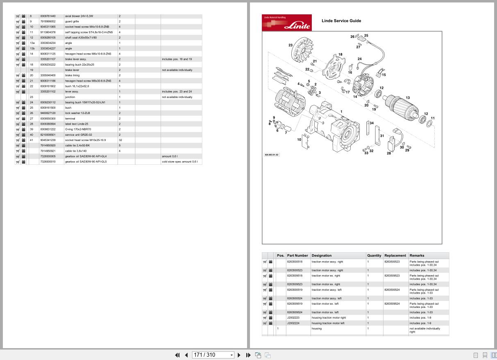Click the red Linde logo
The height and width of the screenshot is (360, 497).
286,23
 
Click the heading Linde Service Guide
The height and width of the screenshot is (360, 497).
341,21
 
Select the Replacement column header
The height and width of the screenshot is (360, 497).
395,255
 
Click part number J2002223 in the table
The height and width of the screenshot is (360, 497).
293,318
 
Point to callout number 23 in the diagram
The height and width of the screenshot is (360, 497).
290,45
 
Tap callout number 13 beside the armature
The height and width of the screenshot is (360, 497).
408,98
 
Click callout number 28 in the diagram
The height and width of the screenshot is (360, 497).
389,153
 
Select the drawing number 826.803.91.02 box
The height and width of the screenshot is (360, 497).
271,155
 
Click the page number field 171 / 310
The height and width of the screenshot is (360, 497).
213,355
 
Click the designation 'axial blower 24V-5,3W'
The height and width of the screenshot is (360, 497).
79,16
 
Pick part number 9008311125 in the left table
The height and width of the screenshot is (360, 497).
48,54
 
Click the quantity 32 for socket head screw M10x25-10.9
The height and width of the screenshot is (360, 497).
120,140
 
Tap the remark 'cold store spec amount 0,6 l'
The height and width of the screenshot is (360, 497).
179,162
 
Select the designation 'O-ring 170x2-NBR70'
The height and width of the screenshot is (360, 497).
78,129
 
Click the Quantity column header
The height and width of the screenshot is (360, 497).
374,255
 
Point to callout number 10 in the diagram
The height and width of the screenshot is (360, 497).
299,139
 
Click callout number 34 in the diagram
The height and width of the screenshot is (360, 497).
372,123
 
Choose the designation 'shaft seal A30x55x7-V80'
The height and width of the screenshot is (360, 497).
81,38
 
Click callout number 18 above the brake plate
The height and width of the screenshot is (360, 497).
340,54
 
